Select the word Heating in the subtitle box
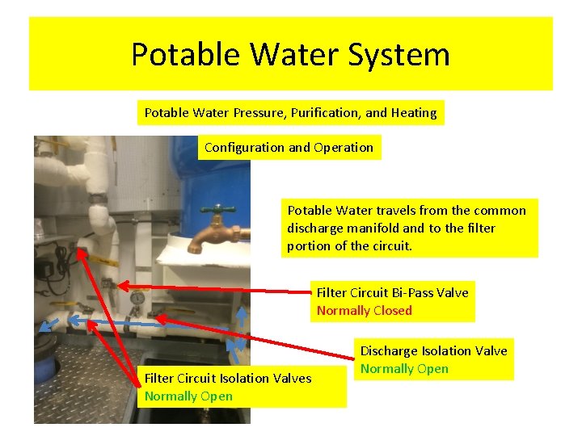point(414,112)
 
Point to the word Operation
point(346,147)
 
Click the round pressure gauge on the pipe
point(137,299)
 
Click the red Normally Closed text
point(364,310)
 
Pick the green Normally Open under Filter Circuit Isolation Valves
point(188,396)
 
